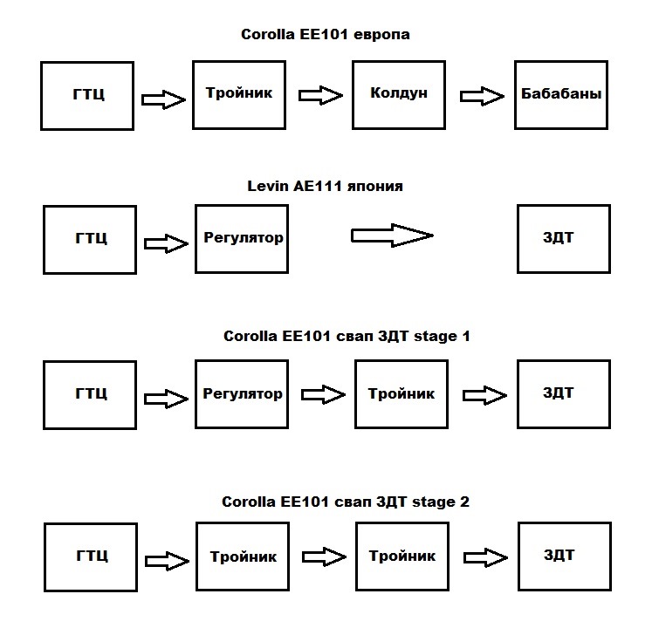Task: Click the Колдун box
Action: pos(399,94)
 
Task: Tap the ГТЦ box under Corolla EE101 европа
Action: pos(87,95)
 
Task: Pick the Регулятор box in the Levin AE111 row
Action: pos(243,238)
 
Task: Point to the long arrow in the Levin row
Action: pos(391,235)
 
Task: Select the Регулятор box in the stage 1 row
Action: pos(243,394)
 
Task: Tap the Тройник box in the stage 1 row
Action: pos(401,394)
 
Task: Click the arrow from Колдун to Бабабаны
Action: pos(484,96)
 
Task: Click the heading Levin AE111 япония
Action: pos(325,186)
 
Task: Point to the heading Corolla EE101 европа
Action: pos(325,36)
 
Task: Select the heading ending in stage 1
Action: pos(347,336)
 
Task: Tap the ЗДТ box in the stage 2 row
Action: pos(559,556)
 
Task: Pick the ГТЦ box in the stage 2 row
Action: pos(91,556)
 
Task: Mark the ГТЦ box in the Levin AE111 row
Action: pos(90,239)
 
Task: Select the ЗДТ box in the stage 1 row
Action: pos(559,394)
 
